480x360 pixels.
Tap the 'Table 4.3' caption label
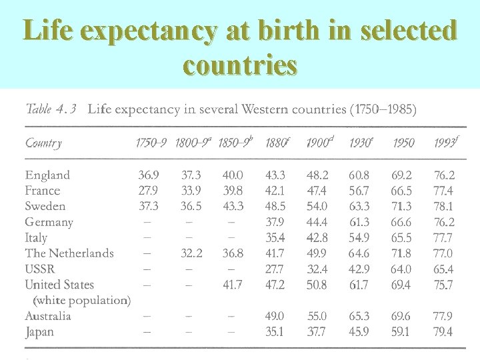point(51,109)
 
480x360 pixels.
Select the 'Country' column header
point(43,143)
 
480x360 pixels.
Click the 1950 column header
point(403,143)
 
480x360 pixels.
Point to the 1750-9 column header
point(152,143)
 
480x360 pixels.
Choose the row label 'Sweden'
point(45,206)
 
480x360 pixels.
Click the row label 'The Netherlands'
point(69,253)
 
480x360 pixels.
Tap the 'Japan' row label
point(39,331)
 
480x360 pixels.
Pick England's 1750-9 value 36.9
point(149,175)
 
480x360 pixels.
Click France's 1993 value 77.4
point(443,191)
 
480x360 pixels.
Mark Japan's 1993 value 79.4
point(443,331)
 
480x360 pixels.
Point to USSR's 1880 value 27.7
point(275,269)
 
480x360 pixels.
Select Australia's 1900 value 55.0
point(317,316)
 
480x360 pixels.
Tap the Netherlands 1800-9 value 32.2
point(191,253)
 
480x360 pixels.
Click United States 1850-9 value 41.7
point(233,285)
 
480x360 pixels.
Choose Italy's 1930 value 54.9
point(359,238)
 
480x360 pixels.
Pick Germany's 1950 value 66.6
point(401,222)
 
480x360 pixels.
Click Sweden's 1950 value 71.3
point(401,206)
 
